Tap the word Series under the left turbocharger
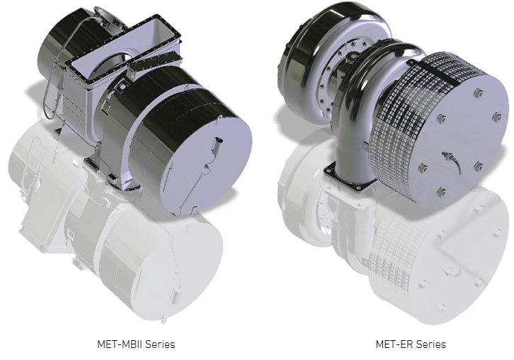tap(160, 344)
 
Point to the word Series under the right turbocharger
tap(430, 344)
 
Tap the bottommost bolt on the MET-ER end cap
tap(441, 192)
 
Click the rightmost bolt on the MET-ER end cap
tap(497, 117)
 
